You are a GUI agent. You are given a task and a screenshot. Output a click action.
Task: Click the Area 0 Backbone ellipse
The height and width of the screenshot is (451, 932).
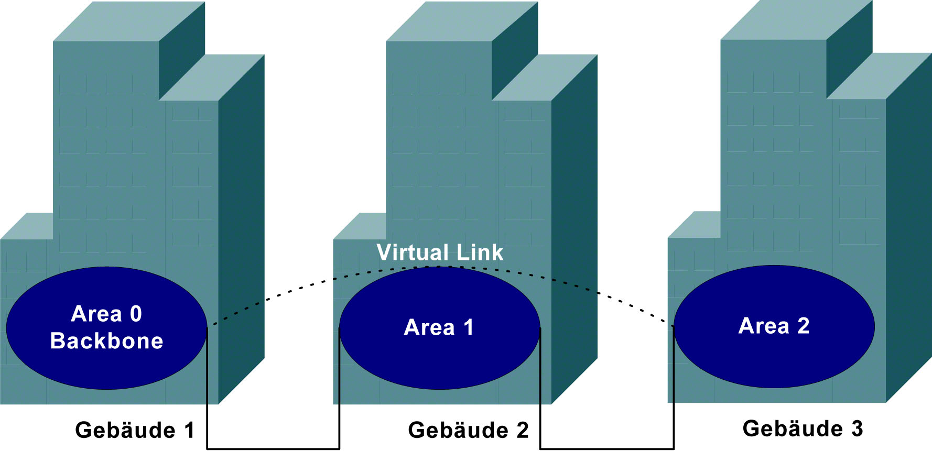tap(106, 367)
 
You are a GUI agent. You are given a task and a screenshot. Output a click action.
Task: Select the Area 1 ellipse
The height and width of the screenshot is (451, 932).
tap(439, 361)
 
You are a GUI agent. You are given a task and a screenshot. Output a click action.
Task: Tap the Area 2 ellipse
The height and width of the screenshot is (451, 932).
tap(774, 361)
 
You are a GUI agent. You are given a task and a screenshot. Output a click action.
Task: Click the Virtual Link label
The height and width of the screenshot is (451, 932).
tap(440, 252)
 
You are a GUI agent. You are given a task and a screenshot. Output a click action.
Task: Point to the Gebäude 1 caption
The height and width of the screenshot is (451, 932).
tap(135, 430)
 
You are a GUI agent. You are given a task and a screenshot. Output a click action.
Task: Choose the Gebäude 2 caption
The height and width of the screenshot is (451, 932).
tap(468, 430)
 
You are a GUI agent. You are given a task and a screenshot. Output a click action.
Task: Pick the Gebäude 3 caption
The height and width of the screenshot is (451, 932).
tap(803, 428)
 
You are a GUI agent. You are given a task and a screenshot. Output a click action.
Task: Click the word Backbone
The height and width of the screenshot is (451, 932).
tap(106, 341)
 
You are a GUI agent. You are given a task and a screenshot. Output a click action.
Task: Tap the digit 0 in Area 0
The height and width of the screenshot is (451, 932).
tap(136, 314)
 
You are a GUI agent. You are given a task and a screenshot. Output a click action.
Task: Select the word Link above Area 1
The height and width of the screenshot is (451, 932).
tap(480, 252)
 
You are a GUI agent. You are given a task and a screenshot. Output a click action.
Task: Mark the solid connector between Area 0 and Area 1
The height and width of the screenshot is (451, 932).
tap(273, 448)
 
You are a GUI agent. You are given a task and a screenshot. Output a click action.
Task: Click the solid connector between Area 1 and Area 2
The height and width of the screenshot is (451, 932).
tap(606, 448)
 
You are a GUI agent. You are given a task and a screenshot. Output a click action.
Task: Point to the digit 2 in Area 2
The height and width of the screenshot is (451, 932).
tap(803, 326)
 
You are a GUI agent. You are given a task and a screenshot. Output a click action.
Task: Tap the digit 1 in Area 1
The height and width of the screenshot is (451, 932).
tap(468, 327)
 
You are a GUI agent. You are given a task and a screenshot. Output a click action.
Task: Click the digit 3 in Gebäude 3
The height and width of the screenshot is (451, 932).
tap(857, 428)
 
